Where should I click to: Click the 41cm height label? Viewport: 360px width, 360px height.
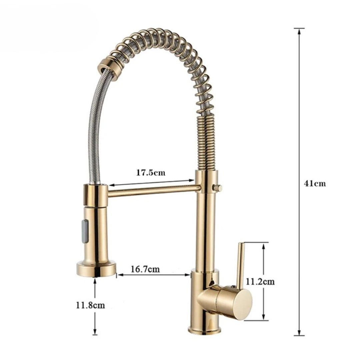click(x=315, y=183)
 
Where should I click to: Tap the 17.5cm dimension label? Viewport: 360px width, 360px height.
click(x=151, y=172)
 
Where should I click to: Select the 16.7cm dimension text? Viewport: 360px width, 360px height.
click(x=145, y=269)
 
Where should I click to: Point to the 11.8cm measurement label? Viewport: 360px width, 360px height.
click(x=90, y=305)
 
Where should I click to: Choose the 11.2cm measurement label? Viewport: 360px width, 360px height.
click(x=260, y=281)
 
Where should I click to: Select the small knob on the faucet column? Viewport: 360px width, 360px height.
click(x=217, y=188)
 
